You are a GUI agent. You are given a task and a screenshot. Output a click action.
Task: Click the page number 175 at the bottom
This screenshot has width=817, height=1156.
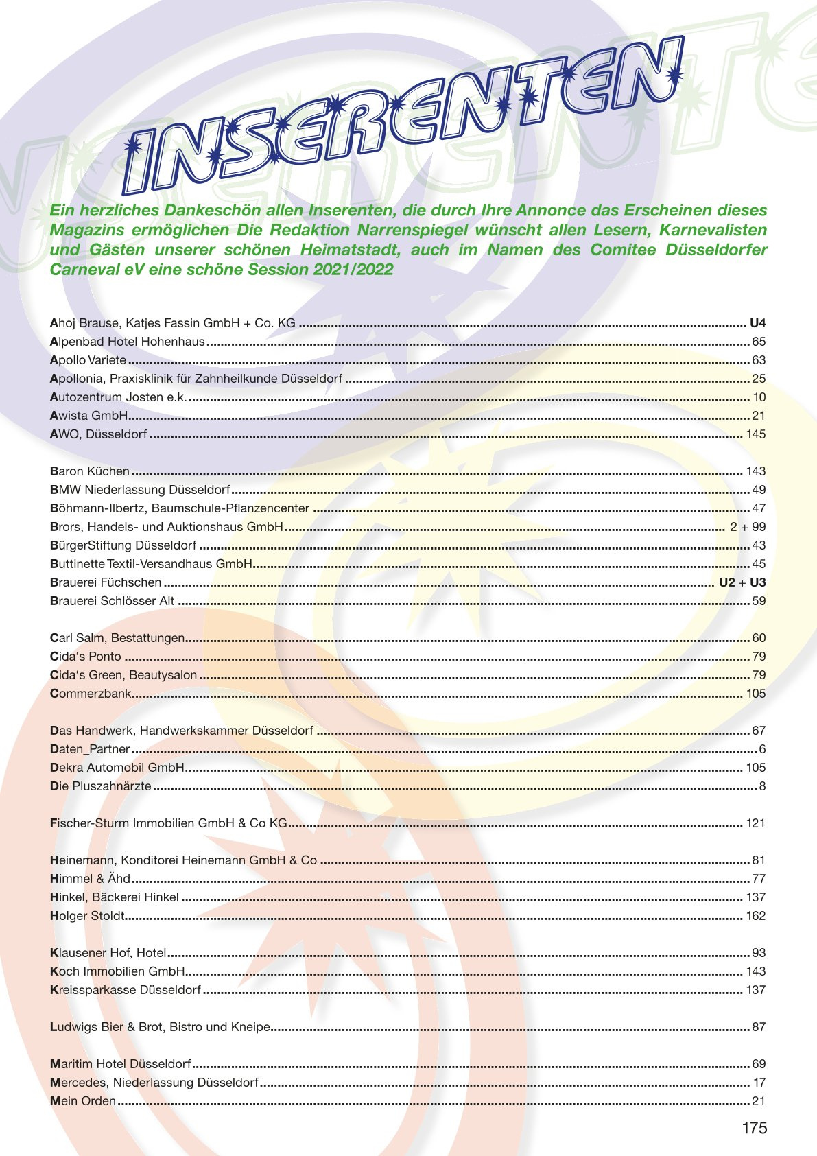[754, 1129]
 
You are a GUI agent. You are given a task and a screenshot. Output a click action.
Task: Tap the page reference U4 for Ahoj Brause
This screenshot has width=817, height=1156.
[757, 323]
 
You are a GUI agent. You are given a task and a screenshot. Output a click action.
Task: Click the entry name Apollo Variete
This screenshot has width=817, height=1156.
[88, 360]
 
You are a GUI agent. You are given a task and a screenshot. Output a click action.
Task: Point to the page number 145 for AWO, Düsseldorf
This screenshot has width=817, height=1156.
[755, 434]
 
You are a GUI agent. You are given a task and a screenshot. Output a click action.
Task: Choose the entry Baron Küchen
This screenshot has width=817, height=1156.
[90, 471]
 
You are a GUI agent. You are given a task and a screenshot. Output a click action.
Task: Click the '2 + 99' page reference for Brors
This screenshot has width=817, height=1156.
[748, 527]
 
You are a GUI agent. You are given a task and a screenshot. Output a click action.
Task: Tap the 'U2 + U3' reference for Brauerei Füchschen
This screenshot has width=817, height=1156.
[742, 582]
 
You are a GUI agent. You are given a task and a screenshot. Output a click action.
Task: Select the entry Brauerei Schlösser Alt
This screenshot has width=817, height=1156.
[113, 601]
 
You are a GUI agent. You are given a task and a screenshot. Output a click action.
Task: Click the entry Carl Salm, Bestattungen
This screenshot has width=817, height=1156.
[117, 638]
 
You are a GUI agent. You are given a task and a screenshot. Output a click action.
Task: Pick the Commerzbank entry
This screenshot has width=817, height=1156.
[90, 694]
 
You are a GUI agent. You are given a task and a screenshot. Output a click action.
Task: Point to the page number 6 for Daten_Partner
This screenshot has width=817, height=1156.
[762, 749]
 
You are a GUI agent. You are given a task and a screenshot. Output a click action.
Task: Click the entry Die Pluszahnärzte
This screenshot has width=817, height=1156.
[100, 786]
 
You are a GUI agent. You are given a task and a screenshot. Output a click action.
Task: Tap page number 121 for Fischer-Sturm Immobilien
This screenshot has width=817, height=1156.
[755, 823]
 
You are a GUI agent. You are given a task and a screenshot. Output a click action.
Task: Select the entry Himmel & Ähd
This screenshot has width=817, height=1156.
[90, 879]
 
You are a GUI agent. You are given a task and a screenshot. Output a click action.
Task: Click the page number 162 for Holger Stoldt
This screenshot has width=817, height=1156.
[755, 916]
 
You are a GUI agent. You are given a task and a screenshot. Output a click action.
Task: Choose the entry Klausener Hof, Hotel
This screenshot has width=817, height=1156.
[108, 953]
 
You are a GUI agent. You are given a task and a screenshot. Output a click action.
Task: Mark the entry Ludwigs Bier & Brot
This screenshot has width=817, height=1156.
[160, 1027]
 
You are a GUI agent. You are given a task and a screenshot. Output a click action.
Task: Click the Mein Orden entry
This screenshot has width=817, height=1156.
[82, 1101]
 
